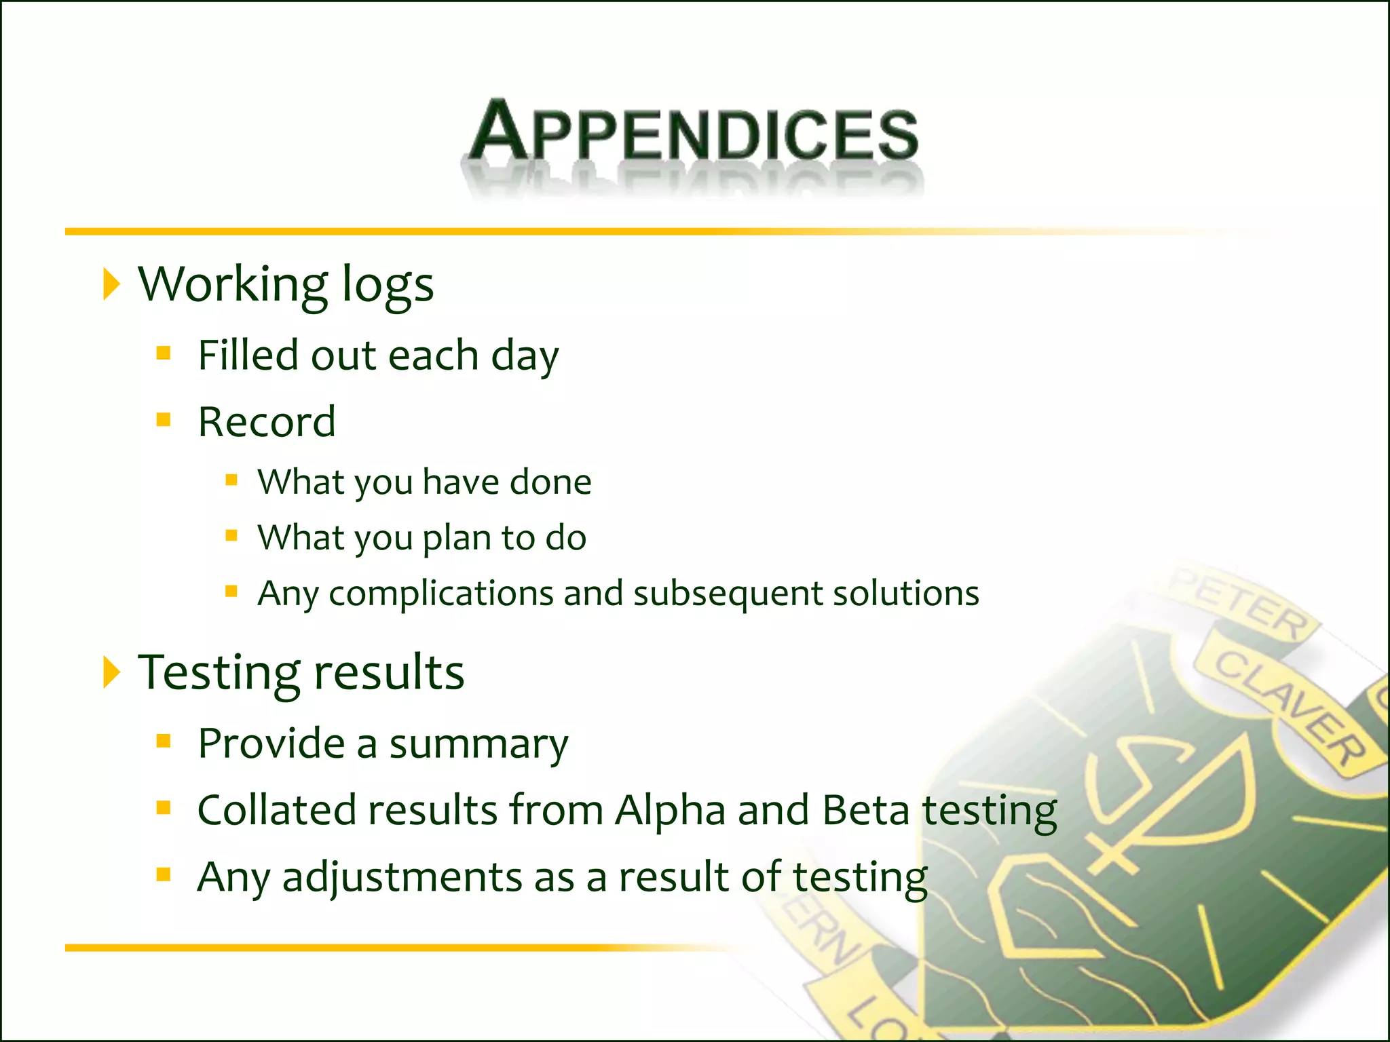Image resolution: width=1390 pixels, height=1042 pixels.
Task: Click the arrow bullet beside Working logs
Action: [x=111, y=284]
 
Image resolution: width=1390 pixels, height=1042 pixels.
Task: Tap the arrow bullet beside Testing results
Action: [x=111, y=672]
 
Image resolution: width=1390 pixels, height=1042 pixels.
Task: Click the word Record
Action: [x=267, y=422]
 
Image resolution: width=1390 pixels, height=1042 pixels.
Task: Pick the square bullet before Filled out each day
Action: [x=163, y=353]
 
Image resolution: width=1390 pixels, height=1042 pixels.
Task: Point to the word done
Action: [x=550, y=482]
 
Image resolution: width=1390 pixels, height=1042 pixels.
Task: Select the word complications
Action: [x=441, y=594]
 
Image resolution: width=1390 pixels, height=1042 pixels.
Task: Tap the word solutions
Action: [x=906, y=594]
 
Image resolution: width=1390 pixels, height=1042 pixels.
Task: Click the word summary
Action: [x=478, y=744]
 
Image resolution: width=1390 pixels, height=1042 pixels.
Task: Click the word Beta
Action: [x=865, y=811]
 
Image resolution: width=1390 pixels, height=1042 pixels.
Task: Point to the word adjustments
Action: [x=402, y=877]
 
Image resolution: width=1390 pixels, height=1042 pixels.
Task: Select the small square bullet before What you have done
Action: [x=231, y=480]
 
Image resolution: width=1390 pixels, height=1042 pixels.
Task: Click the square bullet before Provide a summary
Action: [x=163, y=741]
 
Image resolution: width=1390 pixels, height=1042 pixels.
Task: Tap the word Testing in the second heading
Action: [x=219, y=672]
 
